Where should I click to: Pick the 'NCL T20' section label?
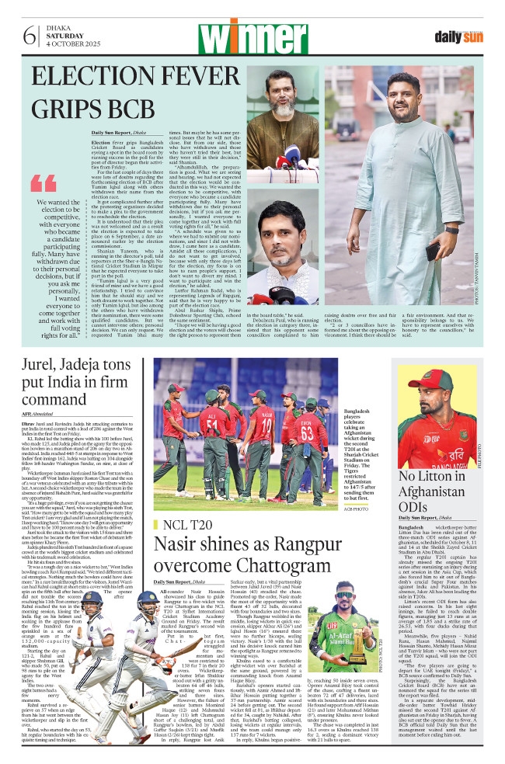[184, 526]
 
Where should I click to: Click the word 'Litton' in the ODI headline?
[459, 476]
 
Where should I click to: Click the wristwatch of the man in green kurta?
[452, 230]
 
